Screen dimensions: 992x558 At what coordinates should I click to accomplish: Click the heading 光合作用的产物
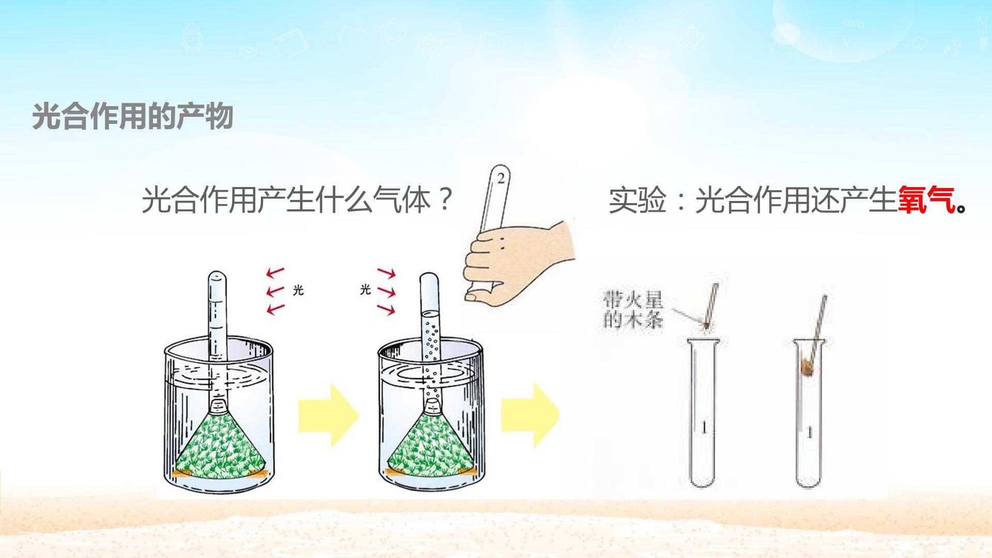(x=133, y=116)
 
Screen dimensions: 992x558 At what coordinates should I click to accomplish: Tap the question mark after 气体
(x=444, y=199)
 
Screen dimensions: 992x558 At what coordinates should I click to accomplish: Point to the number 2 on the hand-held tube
(x=500, y=179)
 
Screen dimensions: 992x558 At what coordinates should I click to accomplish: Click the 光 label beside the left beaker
(x=298, y=290)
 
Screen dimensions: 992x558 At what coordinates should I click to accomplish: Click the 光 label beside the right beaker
(x=365, y=289)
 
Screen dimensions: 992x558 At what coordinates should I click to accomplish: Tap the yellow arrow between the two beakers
(x=328, y=415)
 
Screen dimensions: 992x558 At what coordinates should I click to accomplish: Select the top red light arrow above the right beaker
(x=386, y=272)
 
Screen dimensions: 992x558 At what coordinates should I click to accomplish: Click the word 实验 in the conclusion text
(x=638, y=200)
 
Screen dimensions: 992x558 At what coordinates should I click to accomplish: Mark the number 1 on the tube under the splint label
(x=703, y=428)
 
